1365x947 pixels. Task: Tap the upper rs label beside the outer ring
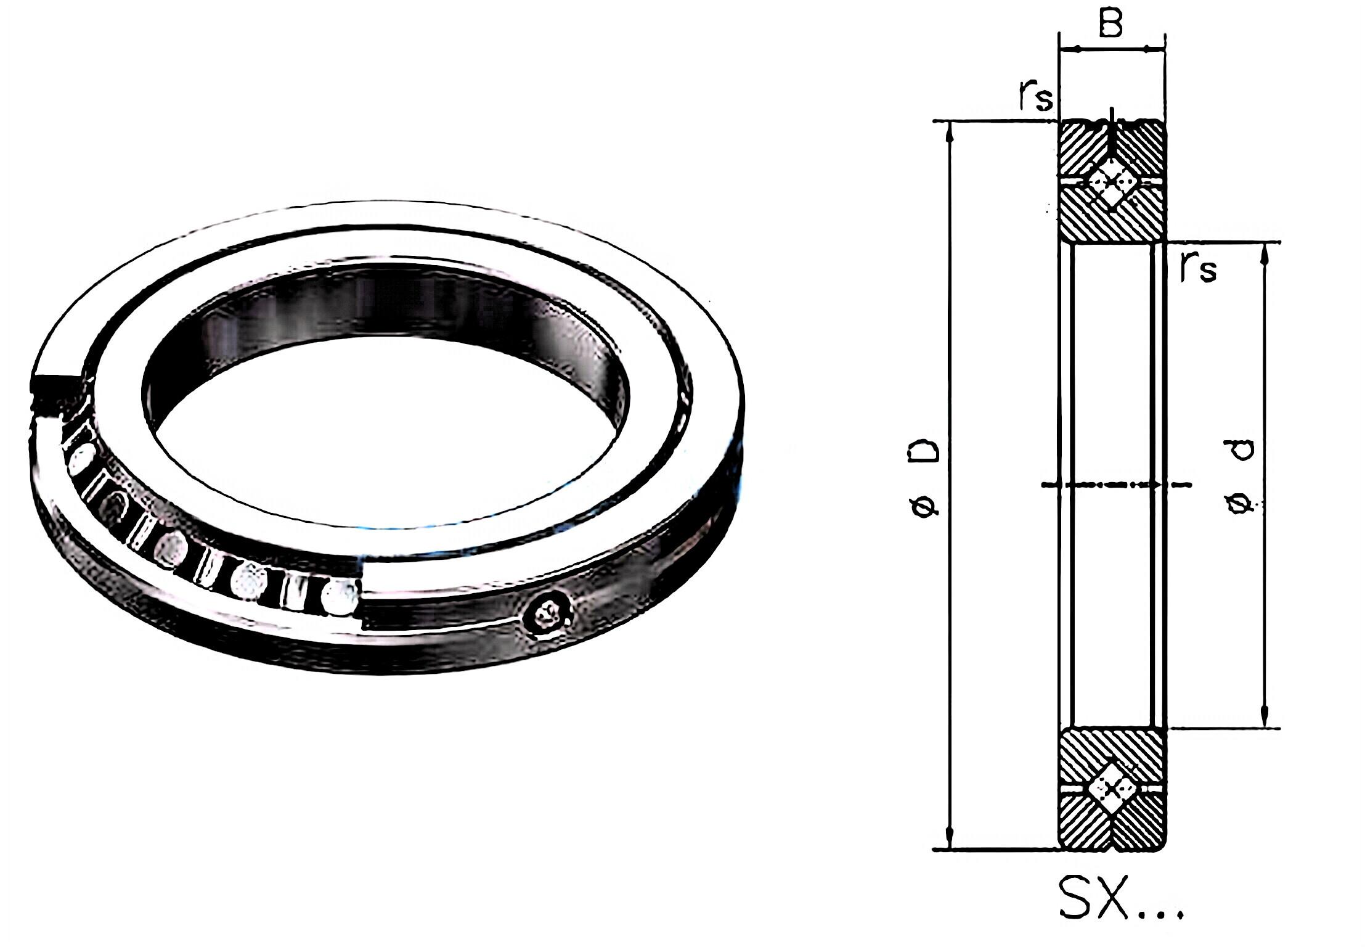click(x=1035, y=97)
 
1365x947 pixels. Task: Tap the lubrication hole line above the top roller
click(x=1110, y=133)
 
